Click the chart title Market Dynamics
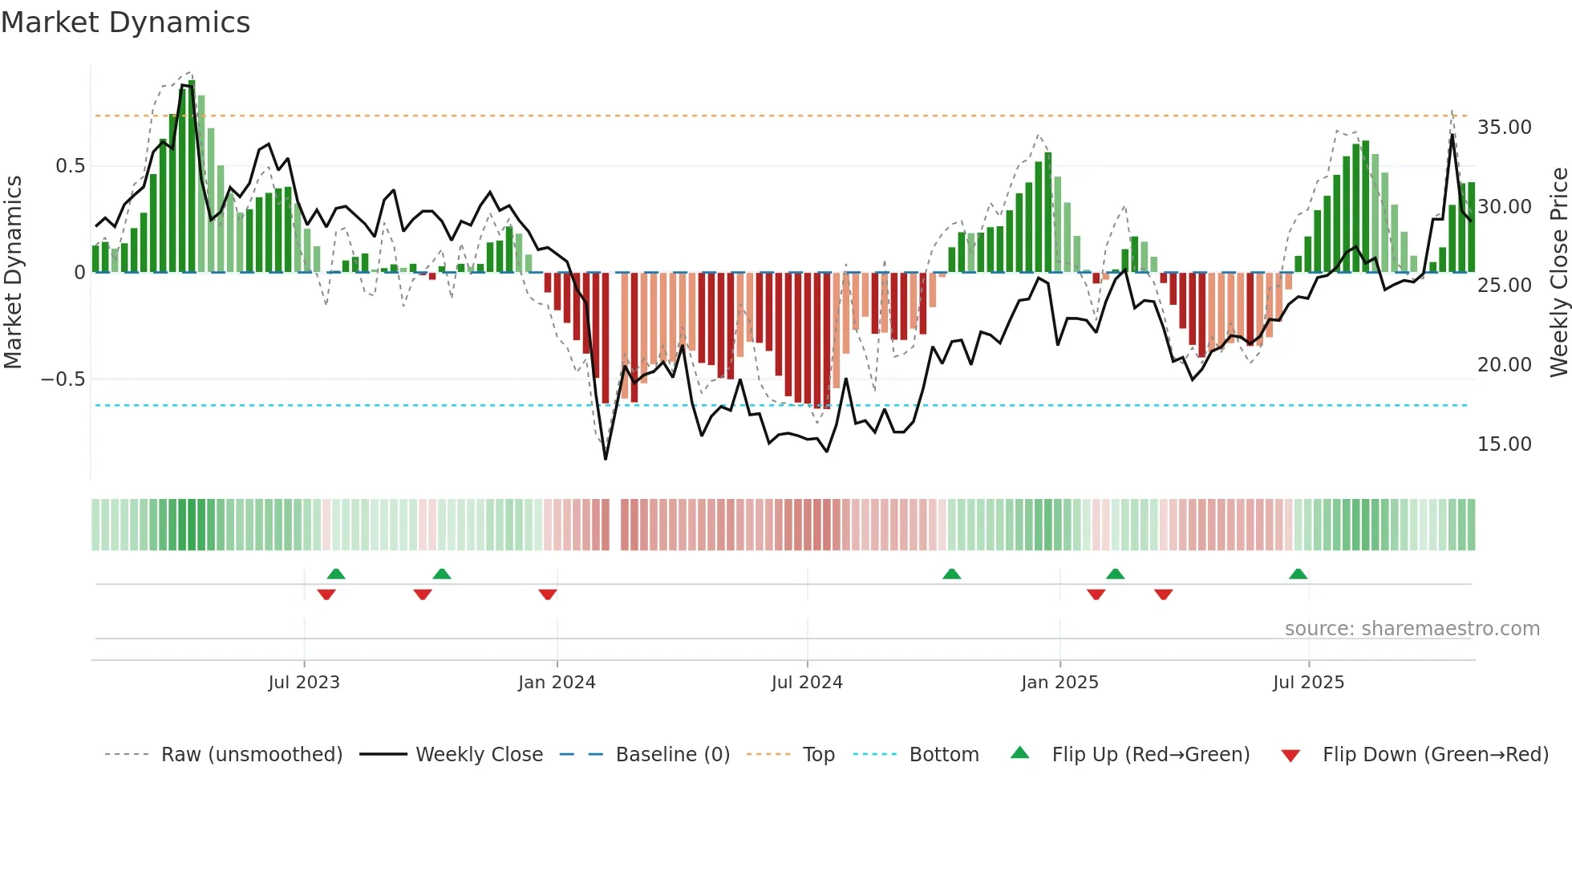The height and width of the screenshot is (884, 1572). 125,22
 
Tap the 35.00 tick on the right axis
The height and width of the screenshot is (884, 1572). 1504,128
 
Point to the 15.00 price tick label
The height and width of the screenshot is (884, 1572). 1504,444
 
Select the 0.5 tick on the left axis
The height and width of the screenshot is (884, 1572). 70,166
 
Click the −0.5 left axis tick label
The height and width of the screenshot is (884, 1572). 63,379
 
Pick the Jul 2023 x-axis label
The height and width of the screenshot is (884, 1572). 304,683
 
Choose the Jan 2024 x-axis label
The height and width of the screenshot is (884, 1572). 557,683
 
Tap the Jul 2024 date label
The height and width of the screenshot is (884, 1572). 807,683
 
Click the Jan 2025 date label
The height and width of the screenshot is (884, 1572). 1059,683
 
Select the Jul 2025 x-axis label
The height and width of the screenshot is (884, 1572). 1308,683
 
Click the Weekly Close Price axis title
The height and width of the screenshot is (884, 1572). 1558,273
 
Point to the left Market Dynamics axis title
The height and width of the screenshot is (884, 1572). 13,273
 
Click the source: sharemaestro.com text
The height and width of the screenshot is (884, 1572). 1412,629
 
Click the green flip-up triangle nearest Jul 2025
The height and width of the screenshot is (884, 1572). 1298,574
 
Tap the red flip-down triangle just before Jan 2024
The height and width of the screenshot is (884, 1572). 548,594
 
